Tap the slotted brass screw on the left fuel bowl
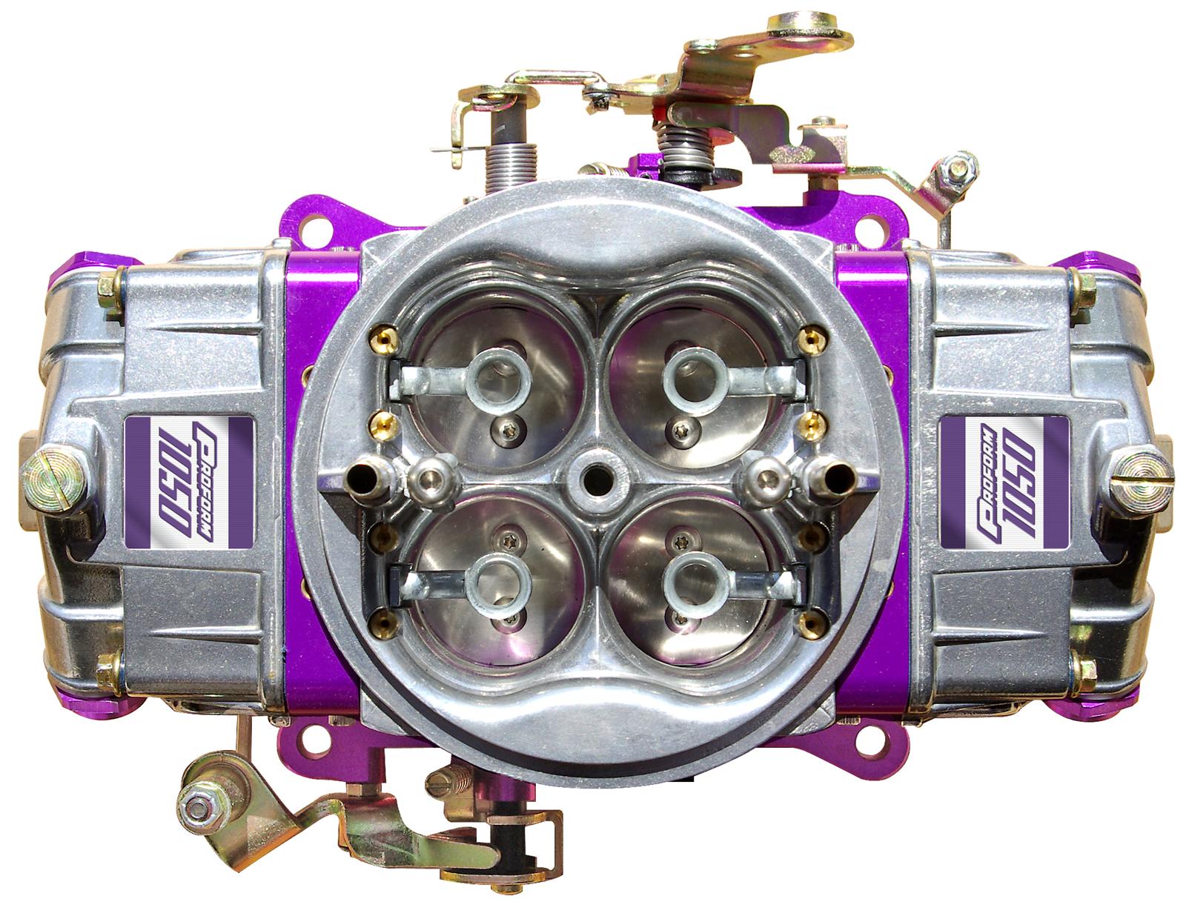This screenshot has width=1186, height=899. (54, 479)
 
